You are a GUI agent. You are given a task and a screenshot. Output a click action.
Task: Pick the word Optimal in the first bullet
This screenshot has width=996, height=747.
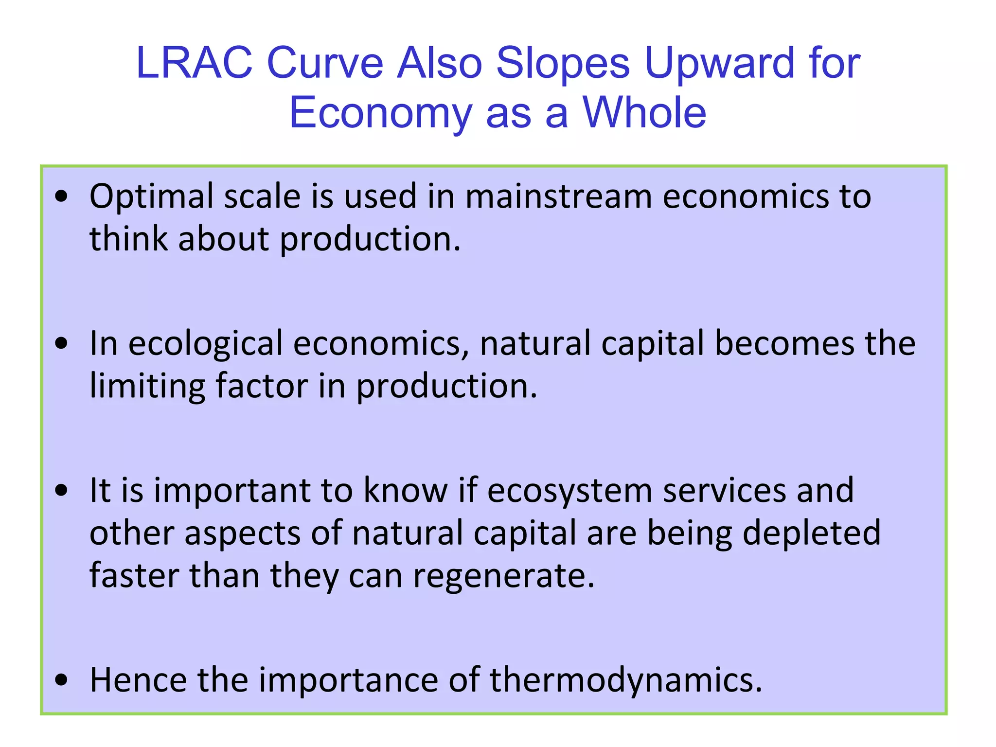tap(151, 197)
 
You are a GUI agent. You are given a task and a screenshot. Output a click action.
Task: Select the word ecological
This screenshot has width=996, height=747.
tap(205, 343)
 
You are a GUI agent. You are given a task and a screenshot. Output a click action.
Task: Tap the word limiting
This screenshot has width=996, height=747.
tap(147, 386)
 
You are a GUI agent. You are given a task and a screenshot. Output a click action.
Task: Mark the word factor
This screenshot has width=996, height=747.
tap(262, 385)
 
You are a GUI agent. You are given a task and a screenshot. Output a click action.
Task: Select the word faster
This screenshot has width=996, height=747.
tap(134, 575)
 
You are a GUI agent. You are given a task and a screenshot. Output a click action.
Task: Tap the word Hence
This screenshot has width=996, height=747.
tap(138, 679)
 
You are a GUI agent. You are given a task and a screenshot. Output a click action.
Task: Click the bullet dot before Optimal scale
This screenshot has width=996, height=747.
tap(62, 197)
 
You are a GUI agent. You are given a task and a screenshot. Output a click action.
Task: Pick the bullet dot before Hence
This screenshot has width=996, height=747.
tap(62, 679)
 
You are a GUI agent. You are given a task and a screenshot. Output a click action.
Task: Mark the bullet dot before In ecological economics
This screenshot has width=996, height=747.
tap(62, 343)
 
